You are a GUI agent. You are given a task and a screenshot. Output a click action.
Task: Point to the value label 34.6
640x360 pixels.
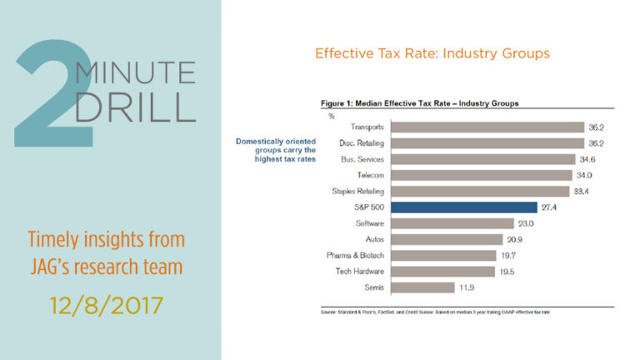pyautogui.click(x=589, y=159)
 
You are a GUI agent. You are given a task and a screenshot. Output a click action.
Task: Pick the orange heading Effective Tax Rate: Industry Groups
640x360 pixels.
pyautogui.click(x=432, y=54)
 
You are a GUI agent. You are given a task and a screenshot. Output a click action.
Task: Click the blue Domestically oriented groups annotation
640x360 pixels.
pyautogui.click(x=276, y=150)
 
